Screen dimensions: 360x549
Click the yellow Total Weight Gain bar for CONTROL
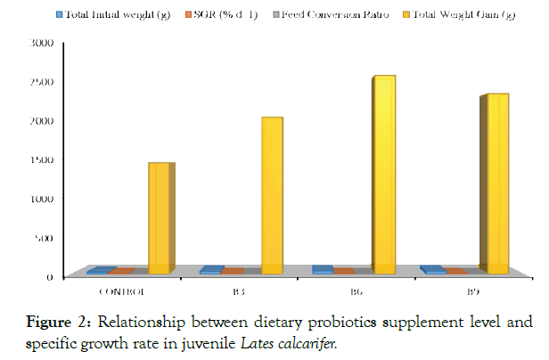(159, 218)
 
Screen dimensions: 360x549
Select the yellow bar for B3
(272, 195)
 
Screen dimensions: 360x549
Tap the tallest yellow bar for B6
(384, 175)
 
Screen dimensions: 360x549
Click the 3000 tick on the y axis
(44, 43)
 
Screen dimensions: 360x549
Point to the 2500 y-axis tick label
(44, 82)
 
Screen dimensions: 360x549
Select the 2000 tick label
(44, 121)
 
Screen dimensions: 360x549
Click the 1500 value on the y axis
(44, 160)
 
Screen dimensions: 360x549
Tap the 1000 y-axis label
(44, 199)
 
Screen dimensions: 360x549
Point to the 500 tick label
(46, 238)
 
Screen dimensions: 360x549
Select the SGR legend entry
(225, 15)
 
